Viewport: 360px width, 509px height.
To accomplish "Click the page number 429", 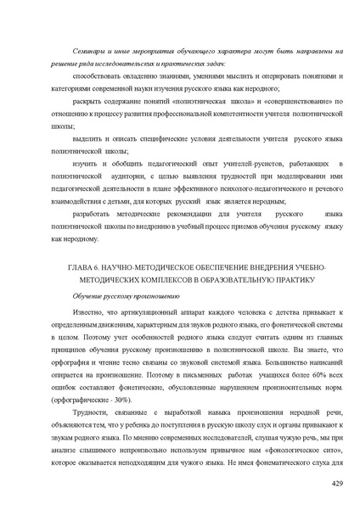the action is pos(335,483).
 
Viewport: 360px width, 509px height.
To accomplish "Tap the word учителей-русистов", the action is pos(228,159).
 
